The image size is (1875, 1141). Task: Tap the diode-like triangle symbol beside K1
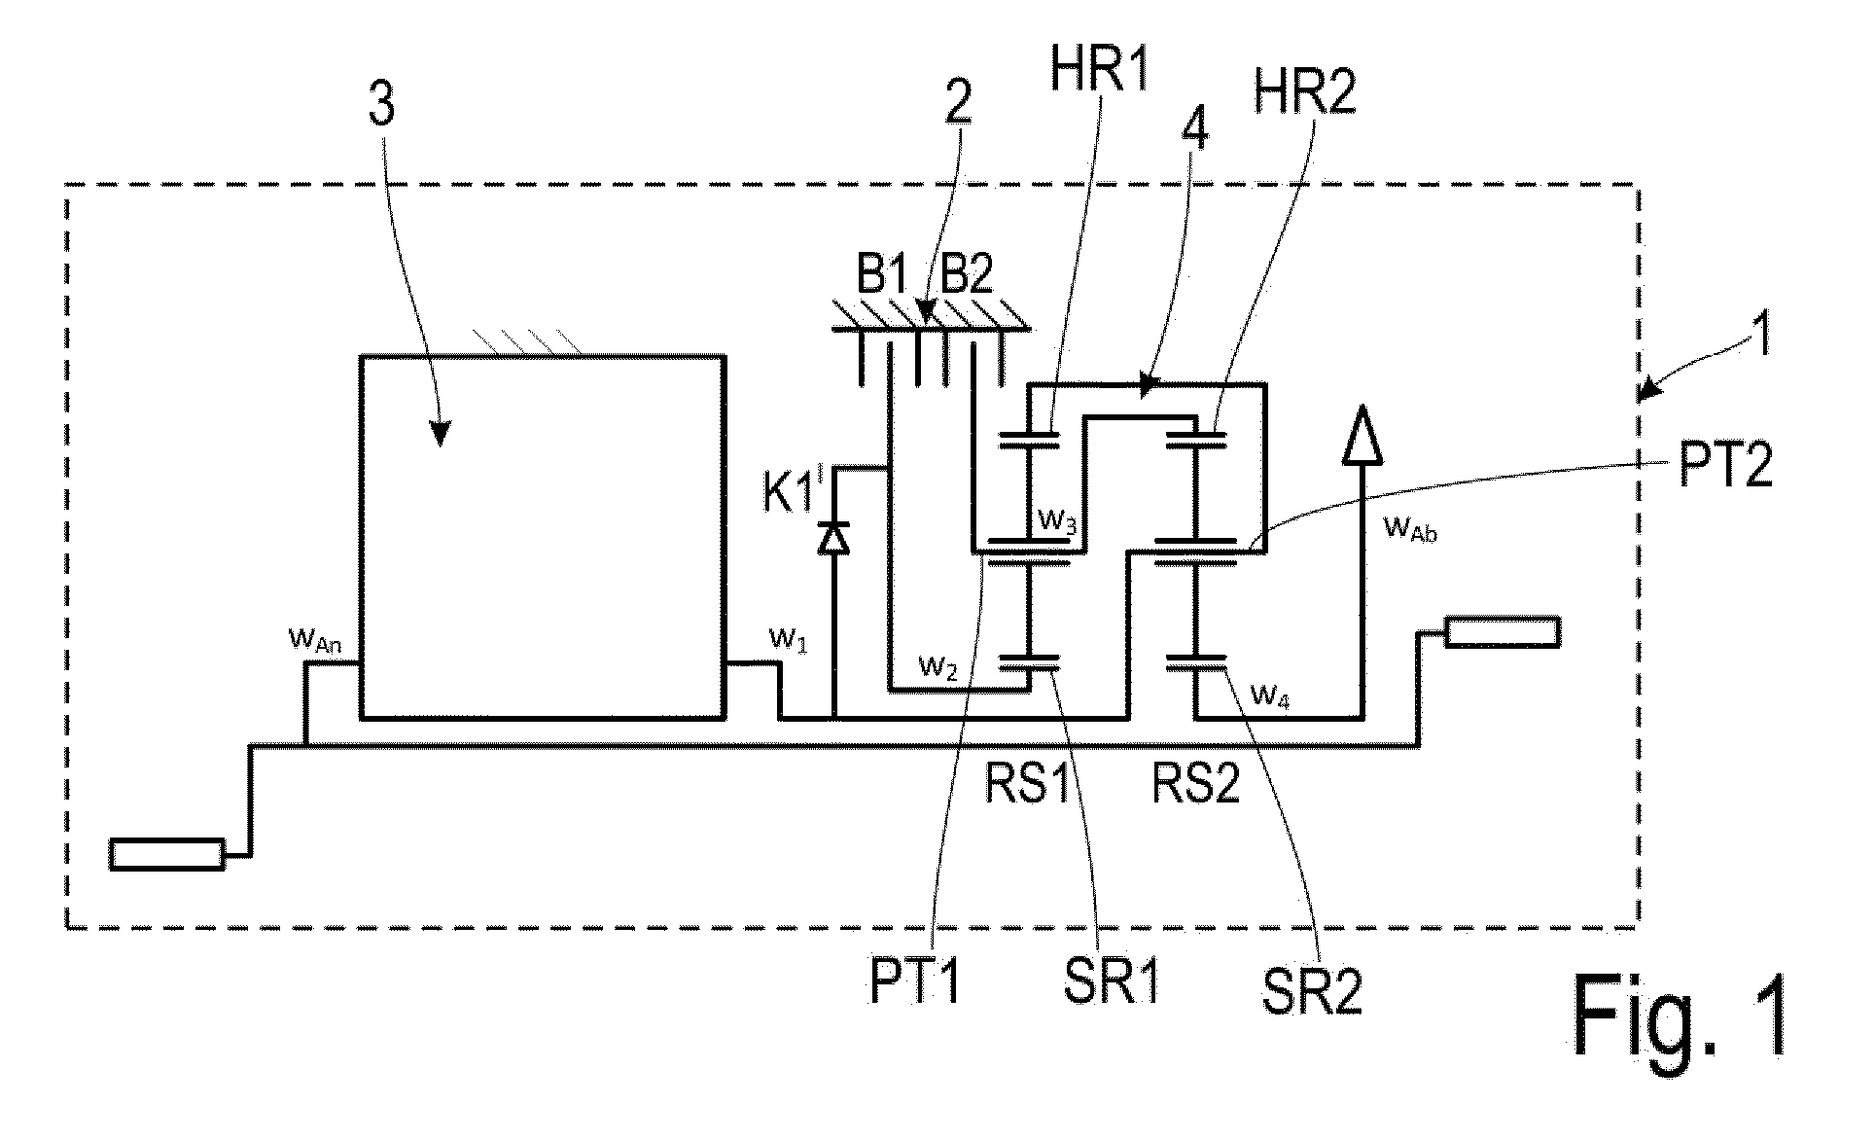(832, 537)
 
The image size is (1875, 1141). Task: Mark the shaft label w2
(938, 668)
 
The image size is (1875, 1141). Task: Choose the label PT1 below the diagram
(914, 983)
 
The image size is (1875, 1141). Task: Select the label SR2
(1312, 993)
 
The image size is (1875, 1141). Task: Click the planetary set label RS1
(1030, 783)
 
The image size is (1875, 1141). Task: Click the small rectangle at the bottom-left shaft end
(167, 854)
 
